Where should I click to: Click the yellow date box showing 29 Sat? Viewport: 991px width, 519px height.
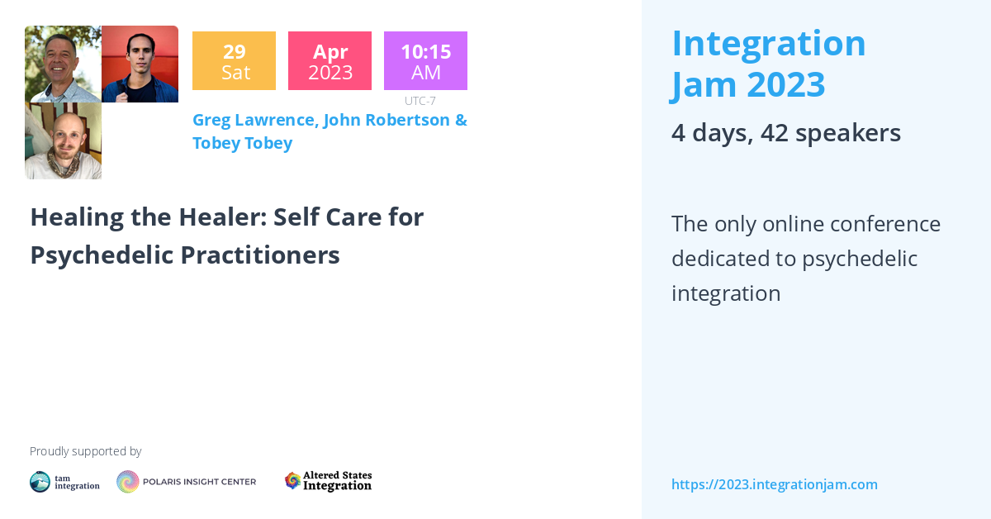coord(234,61)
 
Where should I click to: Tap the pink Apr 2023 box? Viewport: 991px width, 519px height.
coord(330,61)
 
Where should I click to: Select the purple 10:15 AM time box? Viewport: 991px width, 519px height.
coord(425,61)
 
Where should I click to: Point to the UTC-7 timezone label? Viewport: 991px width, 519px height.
coord(420,101)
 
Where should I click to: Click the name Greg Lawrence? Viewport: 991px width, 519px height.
coord(254,120)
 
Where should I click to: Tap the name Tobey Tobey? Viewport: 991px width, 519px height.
coord(242,143)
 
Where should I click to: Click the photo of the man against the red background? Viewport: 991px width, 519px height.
coord(140,64)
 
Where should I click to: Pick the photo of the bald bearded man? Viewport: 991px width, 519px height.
coord(63,141)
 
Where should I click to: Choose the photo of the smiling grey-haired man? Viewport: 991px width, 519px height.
coord(63,64)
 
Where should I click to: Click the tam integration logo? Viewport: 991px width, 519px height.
coord(64,482)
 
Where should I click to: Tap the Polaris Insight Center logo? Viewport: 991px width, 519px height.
coord(186,482)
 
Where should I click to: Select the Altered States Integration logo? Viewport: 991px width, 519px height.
coord(328,481)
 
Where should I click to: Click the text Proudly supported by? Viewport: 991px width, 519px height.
coord(85,451)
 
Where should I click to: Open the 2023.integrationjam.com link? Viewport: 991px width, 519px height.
coord(774,484)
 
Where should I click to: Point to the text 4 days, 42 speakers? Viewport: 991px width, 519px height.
coord(785,133)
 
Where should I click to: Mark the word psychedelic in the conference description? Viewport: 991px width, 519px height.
coord(859,259)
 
